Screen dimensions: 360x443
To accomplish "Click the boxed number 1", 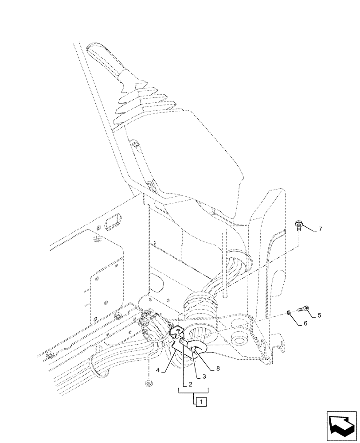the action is point(201,402).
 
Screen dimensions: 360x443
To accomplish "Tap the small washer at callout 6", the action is point(289,313).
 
